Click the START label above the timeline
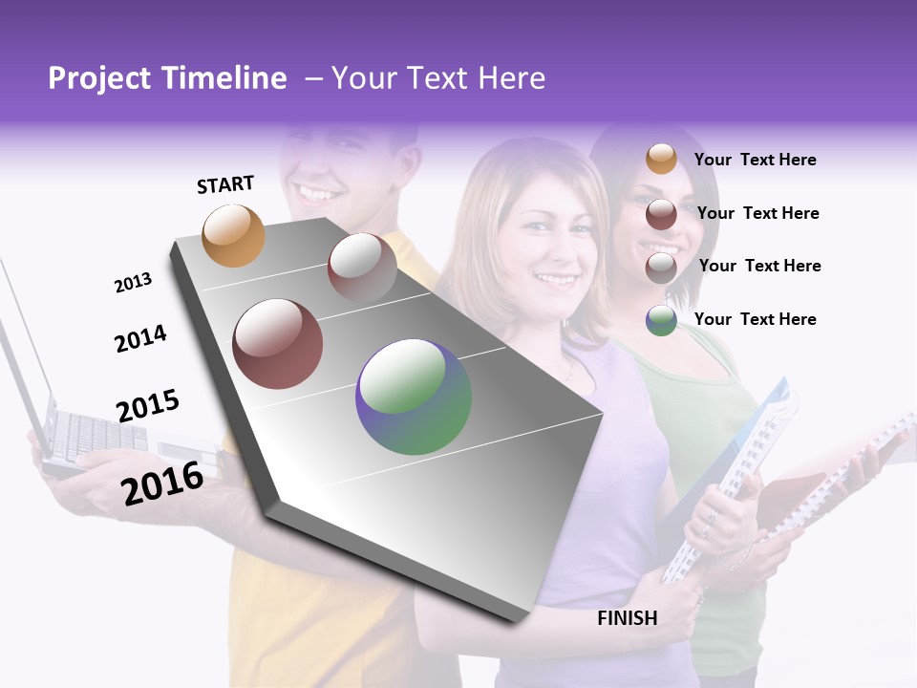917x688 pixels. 225,184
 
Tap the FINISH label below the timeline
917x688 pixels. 627,618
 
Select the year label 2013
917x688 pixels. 133,283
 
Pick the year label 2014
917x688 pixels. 140,339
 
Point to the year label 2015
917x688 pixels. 147,406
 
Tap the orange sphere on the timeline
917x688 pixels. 233,235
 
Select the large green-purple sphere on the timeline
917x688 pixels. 414,397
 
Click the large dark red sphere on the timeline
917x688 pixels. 277,344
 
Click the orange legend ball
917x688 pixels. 661,160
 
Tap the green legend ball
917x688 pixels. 661,320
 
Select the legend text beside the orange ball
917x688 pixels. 755,160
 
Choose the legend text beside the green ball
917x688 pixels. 755,319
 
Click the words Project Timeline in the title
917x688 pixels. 167,78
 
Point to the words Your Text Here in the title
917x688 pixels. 437,78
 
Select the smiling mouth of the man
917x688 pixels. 318,193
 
